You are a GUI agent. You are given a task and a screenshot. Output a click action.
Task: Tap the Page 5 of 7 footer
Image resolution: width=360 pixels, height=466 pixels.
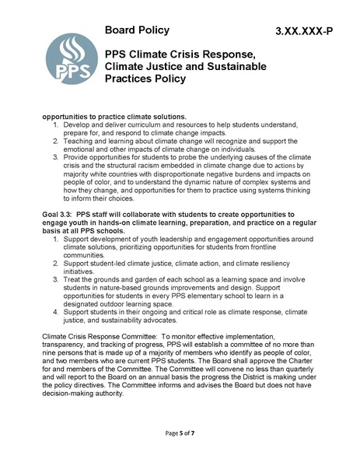click(180, 432)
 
